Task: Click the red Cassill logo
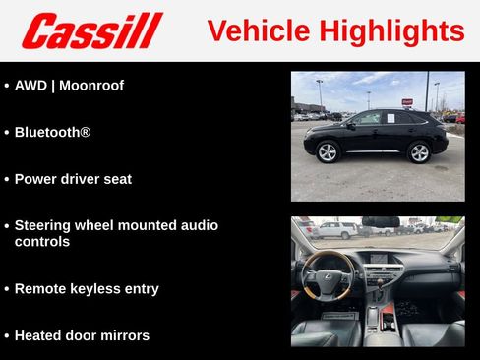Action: pyautogui.click(x=91, y=30)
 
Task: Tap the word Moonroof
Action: pyautogui.click(x=91, y=86)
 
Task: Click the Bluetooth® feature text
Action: pyautogui.click(x=52, y=131)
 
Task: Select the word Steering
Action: pyautogui.click(x=43, y=225)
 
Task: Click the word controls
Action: pyautogui.click(x=42, y=241)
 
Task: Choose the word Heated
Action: pyautogui.click(x=38, y=335)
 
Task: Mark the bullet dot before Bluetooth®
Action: pyautogui.click(x=6, y=132)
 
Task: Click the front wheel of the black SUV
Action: pyautogui.click(x=328, y=151)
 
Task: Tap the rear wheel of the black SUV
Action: pyautogui.click(x=420, y=152)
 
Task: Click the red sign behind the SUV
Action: pyautogui.click(x=407, y=101)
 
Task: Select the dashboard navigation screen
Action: pyautogui.click(x=379, y=258)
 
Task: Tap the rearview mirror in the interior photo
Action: pyautogui.click(x=380, y=222)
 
